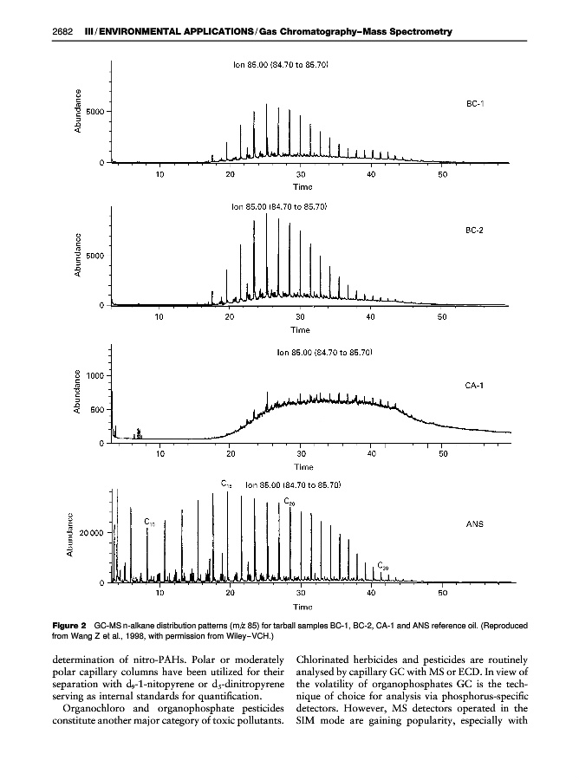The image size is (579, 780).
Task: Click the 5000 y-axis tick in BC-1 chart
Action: click(x=97, y=112)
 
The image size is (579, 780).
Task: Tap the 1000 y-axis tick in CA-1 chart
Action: click(x=97, y=375)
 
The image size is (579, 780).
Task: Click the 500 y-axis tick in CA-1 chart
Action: click(x=99, y=409)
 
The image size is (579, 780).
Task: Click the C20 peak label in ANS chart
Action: click(x=289, y=502)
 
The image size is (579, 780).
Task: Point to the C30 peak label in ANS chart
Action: click(x=383, y=565)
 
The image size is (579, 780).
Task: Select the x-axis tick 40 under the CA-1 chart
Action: click(x=371, y=453)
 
